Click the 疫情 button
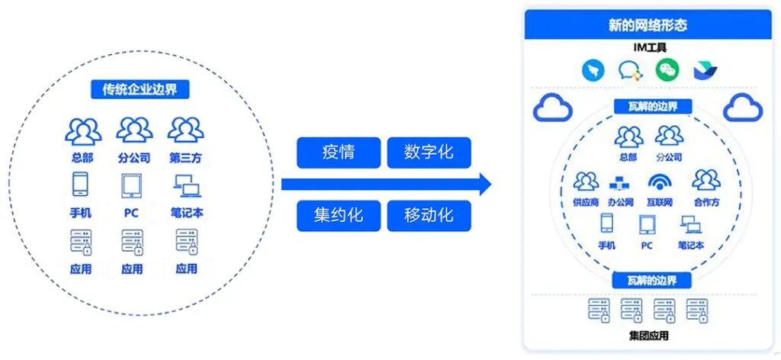[338, 153]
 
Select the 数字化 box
[429, 153]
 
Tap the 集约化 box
[338, 216]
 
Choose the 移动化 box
[429, 216]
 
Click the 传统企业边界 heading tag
[140, 88]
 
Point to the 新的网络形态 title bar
[648, 25]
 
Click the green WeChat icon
[668, 70]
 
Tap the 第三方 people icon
[186, 130]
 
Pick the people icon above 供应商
[586, 182]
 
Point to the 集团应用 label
[649, 335]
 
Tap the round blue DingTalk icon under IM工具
[593, 71]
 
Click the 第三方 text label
[186, 158]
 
